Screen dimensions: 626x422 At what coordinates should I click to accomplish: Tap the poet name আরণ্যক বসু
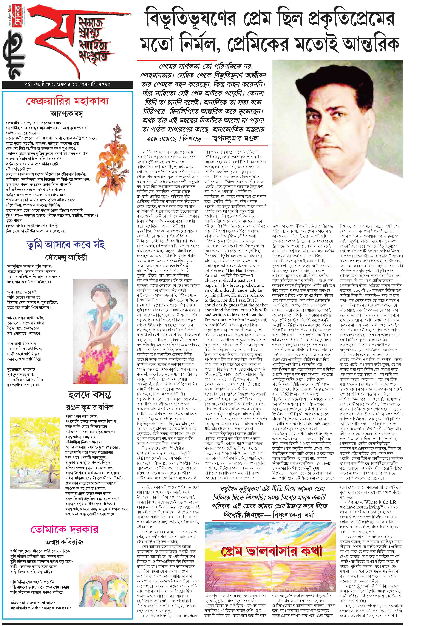67,114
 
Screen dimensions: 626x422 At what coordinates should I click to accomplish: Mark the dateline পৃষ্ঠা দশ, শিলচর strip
67,84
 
